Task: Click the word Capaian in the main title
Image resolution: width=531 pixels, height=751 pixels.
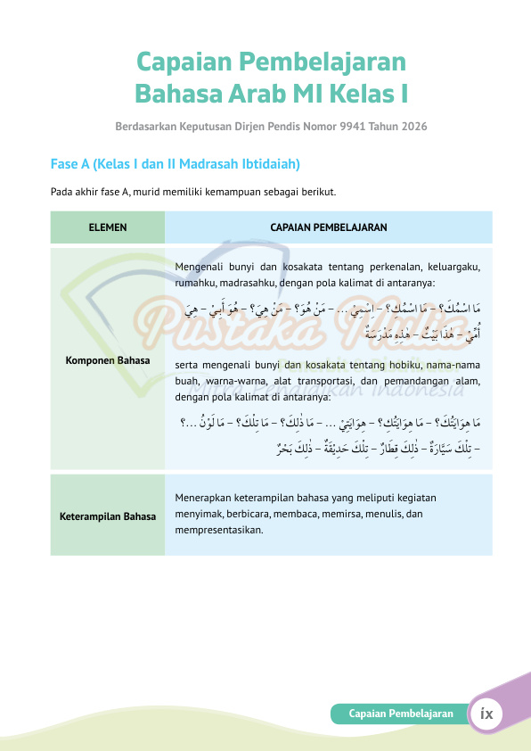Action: pyautogui.click(x=181, y=62)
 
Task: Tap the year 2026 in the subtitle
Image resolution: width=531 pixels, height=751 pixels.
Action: pyautogui.click(x=413, y=127)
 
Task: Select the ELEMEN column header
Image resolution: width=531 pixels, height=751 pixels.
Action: pyautogui.click(x=108, y=227)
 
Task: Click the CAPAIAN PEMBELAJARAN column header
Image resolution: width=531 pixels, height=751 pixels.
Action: pyautogui.click(x=328, y=227)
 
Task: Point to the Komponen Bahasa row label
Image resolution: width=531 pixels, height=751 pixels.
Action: pyautogui.click(x=108, y=361)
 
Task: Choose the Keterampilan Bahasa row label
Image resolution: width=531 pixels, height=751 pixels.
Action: pyautogui.click(x=108, y=516)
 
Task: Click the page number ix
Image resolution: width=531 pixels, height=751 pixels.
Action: pyautogui.click(x=487, y=714)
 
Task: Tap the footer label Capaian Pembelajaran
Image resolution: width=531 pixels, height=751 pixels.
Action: pyautogui.click(x=401, y=714)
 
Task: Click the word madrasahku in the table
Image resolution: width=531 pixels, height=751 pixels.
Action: pyautogui.click(x=244, y=283)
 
